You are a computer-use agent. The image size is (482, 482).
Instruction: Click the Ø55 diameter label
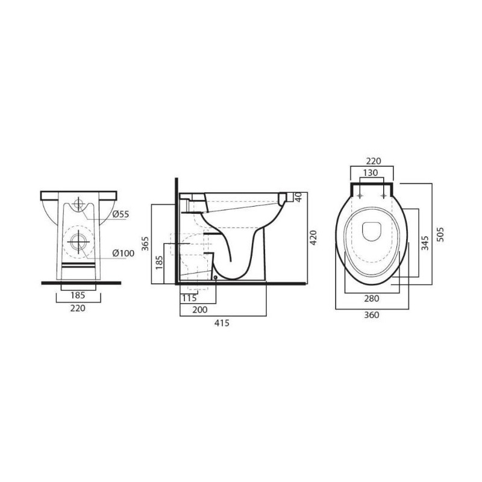pyautogui.click(x=120, y=214)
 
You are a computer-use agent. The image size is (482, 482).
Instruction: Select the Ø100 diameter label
pyautogui.click(x=124, y=253)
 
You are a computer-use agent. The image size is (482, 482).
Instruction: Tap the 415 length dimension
pyautogui.click(x=222, y=323)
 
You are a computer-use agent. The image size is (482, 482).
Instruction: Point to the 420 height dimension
pyautogui.click(x=313, y=238)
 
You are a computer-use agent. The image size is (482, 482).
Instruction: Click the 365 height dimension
pyautogui.click(x=145, y=243)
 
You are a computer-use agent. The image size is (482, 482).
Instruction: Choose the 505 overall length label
pyautogui.click(x=440, y=234)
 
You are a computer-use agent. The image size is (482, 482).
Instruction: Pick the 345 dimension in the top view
pyautogui.click(x=425, y=243)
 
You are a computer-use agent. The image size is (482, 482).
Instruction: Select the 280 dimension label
pyautogui.click(x=372, y=298)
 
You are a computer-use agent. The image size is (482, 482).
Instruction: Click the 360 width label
pyautogui.click(x=372, y=315)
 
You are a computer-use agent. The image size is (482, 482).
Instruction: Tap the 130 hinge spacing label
pyautogui.click(x=371, y=173)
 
